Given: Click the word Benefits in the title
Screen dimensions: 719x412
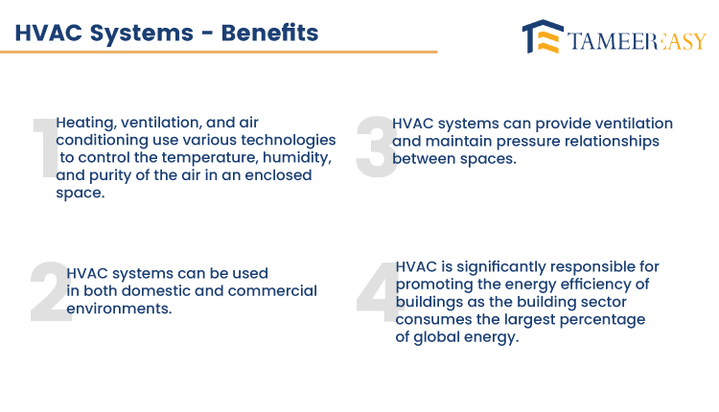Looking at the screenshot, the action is click(x=269, y=33).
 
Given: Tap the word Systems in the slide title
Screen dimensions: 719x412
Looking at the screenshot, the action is click(x=141, y=34).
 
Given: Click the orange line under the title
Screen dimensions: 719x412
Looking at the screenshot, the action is click(x=219, y=52).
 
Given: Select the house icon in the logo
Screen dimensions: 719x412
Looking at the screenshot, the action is click(x=543, y=36).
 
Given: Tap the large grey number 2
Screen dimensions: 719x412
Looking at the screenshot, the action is click(x=51, y=292).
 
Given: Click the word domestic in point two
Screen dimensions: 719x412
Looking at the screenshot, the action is click(x=153, y=291).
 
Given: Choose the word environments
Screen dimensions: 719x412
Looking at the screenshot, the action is click(x=119, y=309).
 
